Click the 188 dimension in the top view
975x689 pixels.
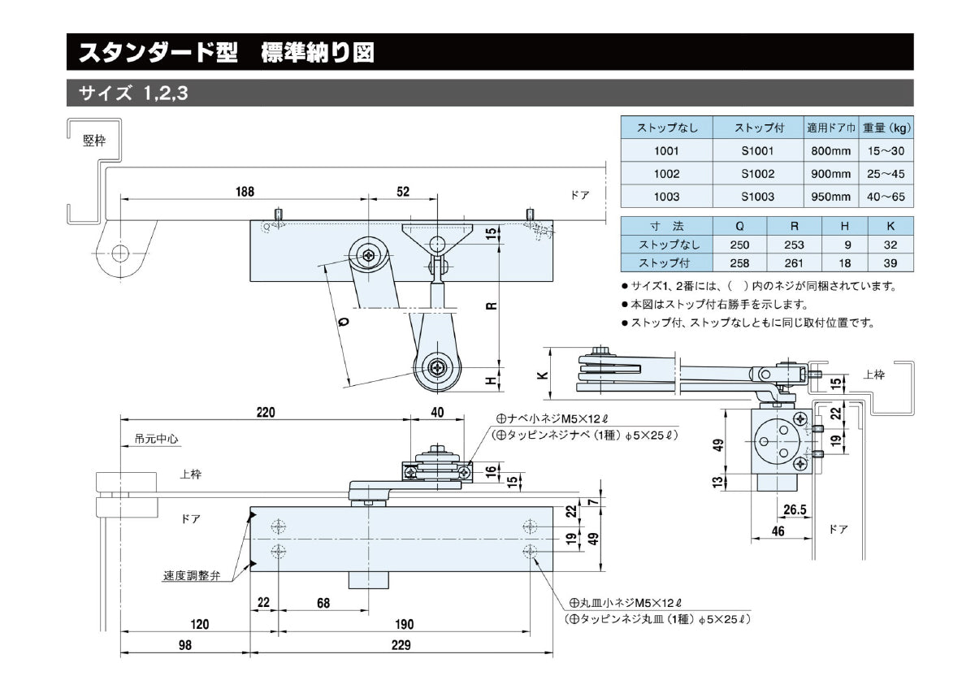(245, 192)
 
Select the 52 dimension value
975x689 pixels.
(403, 192)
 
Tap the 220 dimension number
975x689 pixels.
(265, 412)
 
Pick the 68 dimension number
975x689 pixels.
(323, 603)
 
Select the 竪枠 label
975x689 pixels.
(94, 139)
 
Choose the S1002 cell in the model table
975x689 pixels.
(757, 174)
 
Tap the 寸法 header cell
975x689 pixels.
(665, 225)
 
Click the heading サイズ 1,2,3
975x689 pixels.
(133, 93)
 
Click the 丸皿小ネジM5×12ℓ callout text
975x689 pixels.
(626, 603)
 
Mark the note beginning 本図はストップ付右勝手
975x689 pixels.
(714, 305)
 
